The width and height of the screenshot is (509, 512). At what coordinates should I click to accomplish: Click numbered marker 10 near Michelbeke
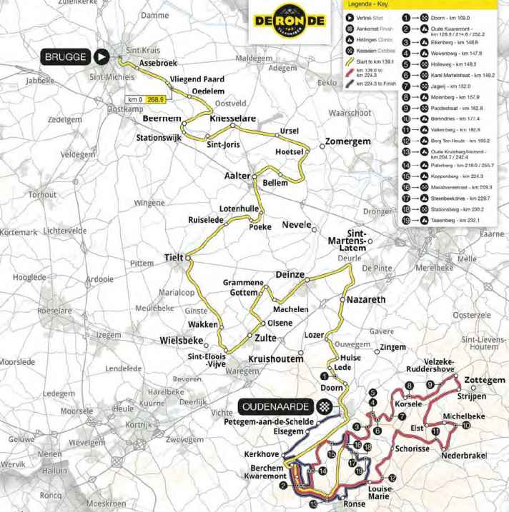466,426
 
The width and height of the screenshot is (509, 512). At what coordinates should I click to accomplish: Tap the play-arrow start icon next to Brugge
104,56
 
